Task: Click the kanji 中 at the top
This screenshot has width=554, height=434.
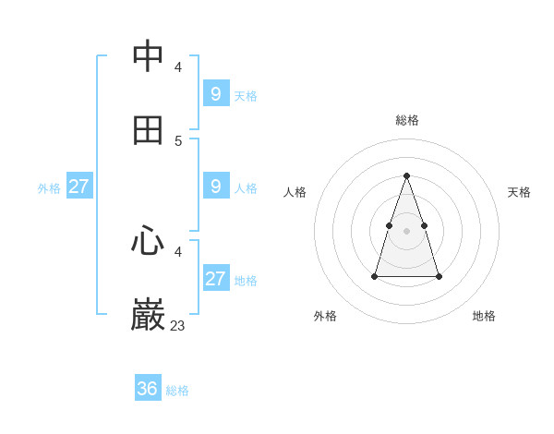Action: pos(149,55)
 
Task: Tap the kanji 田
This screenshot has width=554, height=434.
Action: pos(149,130)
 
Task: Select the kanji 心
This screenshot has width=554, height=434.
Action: pos(149,241)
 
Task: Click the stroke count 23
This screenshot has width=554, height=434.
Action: pos(177,325)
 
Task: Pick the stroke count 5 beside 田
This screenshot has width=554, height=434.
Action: pos(178,141)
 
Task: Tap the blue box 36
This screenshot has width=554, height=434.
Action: pos(148,389)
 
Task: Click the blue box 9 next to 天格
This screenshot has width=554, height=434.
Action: pos(216,93)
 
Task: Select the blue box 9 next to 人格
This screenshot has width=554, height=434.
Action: pos(216,186)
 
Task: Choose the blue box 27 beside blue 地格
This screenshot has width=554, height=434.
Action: pos(216,278)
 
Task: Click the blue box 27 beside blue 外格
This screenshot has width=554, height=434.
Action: pos(79,186)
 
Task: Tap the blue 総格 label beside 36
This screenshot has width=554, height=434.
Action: pos(177,391)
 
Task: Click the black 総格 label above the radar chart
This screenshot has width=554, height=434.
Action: pos(407,120)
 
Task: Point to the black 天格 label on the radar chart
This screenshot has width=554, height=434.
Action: pos(520,192)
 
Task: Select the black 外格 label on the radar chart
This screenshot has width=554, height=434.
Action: pos(325,316)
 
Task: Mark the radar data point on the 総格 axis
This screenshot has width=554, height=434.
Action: pos(407,175)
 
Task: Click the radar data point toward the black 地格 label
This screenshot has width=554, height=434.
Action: pos(439,276)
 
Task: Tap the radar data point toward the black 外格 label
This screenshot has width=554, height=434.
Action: pos(375,276)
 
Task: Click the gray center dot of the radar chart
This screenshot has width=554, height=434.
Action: pos(407,230)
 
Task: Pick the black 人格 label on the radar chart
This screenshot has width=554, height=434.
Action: pos(295,192)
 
